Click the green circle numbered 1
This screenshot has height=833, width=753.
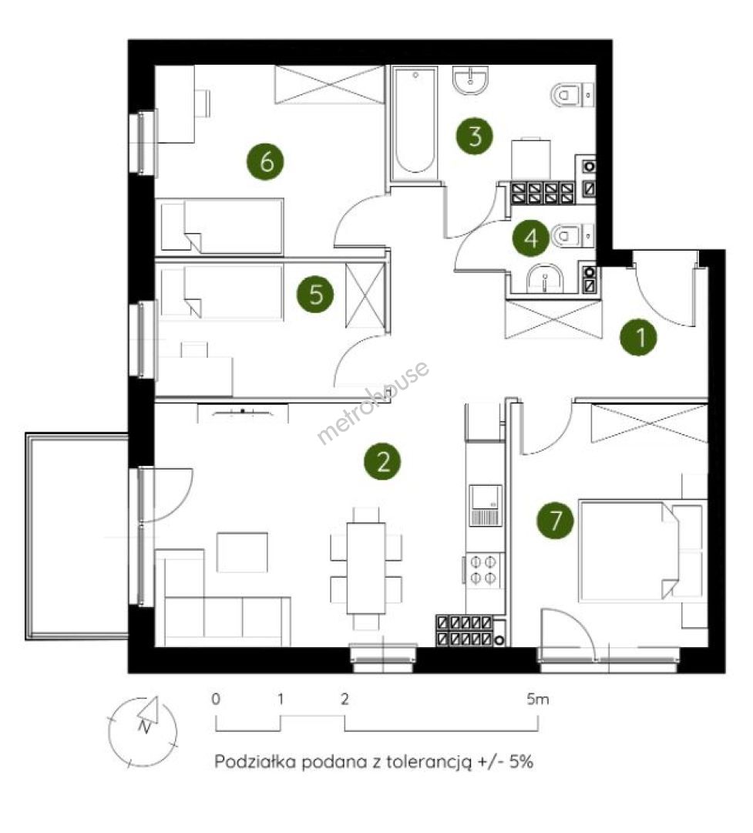coord(638,337)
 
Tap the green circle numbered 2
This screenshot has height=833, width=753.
coord(382,461)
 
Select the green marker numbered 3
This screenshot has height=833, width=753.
coord(474,136)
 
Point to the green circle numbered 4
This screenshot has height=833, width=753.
coord(531,238)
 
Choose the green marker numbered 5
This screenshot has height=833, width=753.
coord(315,294)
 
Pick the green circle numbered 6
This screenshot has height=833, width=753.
coord(265,161)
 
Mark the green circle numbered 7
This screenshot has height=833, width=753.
coord(556,520)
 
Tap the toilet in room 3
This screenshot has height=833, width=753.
coord(572,96)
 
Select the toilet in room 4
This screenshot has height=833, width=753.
coord(573,235)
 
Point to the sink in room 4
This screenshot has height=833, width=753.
coord(546,278)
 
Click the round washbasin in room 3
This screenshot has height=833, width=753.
coord(470,81)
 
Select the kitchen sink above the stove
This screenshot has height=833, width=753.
coord(485,505)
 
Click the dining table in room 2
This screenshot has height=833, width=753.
coord(366,568)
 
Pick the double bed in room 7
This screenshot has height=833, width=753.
coord(629,551)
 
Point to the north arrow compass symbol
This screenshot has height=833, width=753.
coord(143,732)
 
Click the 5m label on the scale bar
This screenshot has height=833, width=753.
coord(538,699)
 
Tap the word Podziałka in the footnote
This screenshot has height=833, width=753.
coord(255,762)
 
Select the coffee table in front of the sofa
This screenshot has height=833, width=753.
coord(242,552)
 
